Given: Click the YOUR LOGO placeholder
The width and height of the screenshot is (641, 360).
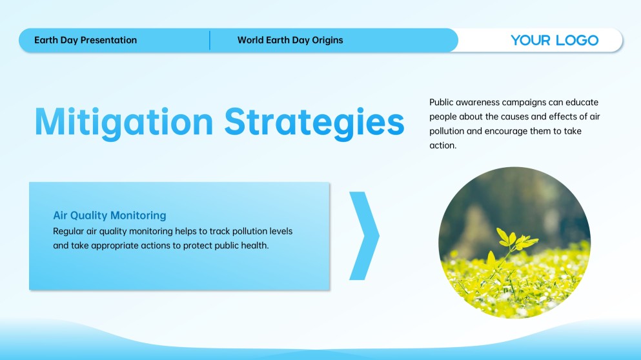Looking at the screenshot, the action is click(x=555, y=40).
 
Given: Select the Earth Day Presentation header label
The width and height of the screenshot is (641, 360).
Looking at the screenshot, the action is click(x=85, y=40).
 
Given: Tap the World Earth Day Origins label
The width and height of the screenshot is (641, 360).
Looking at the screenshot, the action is click(x=290, y=40).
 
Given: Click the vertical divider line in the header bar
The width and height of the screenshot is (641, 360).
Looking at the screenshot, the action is click(x=210, y=40).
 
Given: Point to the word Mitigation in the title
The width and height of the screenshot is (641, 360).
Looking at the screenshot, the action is click(x=124, y=122).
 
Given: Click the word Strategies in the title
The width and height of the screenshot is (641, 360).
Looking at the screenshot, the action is click(x=314, y=122).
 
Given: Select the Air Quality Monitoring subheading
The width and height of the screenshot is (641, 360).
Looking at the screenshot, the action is click(x=110, y=215).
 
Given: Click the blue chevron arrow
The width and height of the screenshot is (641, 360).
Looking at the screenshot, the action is click(x=364, y=235).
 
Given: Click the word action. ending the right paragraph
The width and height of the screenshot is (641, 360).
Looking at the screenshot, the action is click(x=443, y=145).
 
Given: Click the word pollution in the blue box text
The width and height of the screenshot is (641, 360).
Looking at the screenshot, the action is click(x=249, y=231).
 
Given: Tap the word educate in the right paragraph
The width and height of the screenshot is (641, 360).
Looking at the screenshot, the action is click(x=582, y=102).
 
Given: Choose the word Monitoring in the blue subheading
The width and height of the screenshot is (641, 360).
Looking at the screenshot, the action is click(x=138, y=215).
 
